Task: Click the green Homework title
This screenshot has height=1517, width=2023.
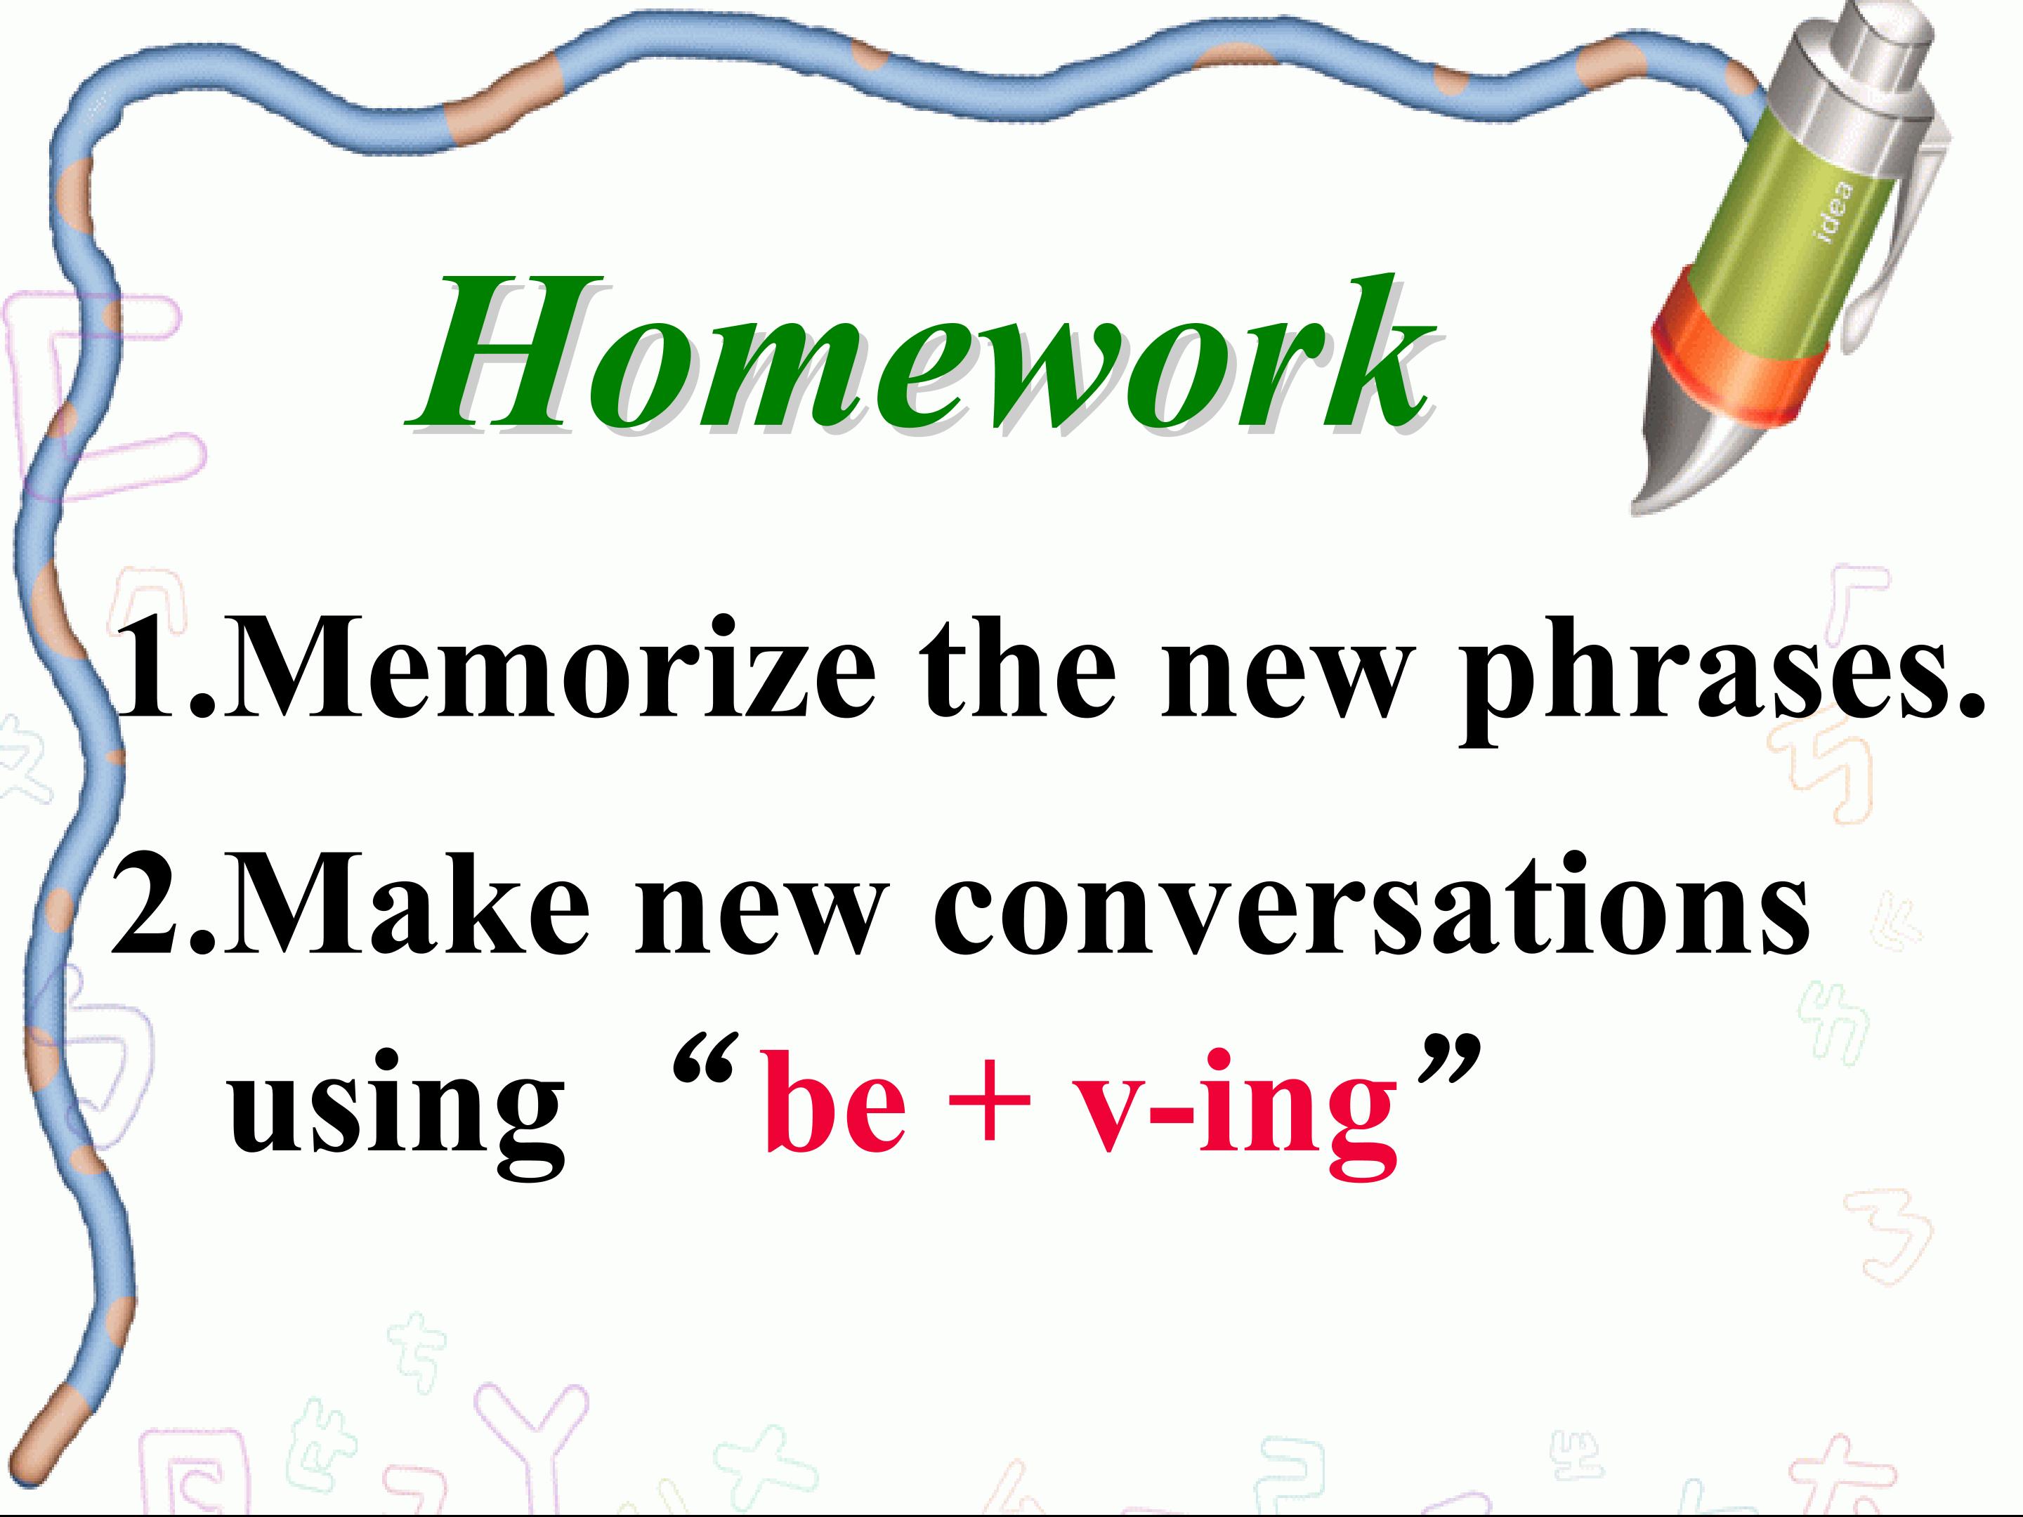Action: (919, 354)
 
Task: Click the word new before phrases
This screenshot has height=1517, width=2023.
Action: (1281, 685)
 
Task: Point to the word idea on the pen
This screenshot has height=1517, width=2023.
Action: (1835, 212)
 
